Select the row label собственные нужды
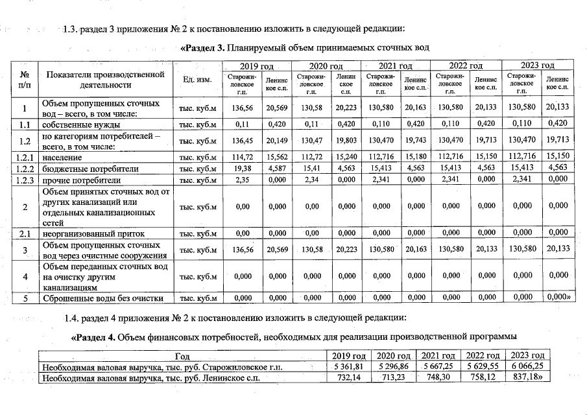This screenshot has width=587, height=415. point(82,124)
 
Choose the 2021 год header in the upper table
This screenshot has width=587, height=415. point(395,66)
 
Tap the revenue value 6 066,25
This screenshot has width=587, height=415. point(528,368)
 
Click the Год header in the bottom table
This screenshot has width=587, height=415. point(182,356)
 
